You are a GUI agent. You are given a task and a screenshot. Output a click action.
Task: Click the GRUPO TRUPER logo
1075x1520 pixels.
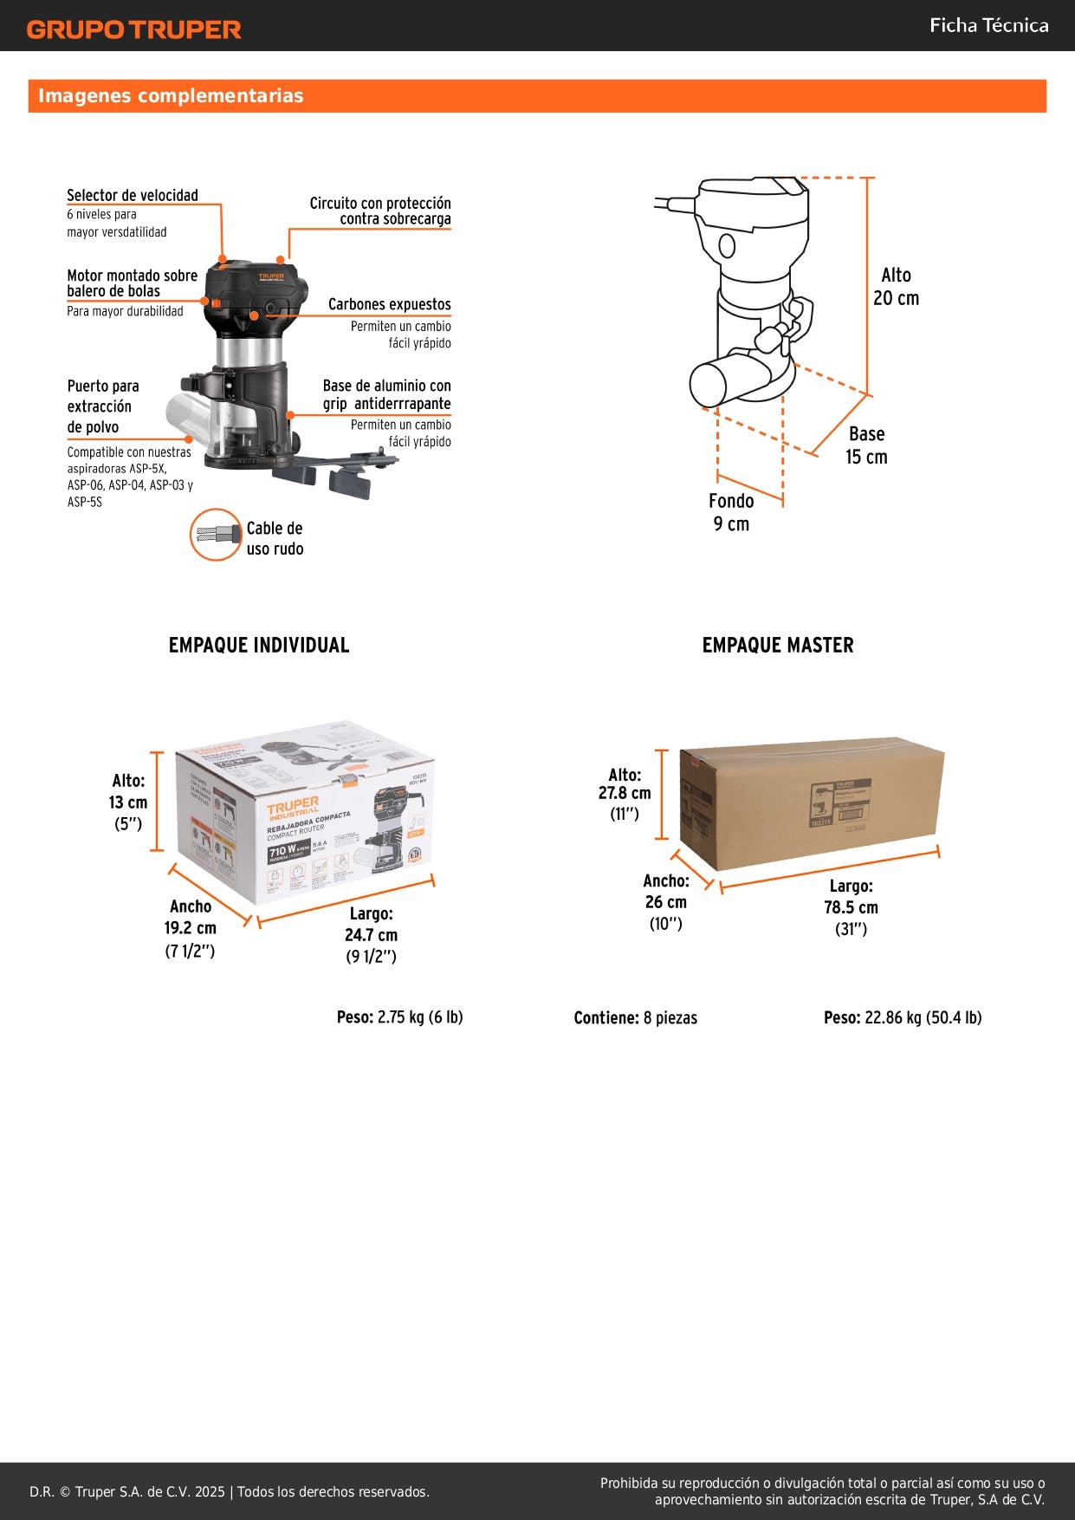pos(133,29)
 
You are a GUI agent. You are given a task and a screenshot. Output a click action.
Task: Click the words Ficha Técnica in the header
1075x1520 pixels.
pos(988,26)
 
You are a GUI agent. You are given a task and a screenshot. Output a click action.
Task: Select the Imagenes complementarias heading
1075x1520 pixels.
pos(171,95)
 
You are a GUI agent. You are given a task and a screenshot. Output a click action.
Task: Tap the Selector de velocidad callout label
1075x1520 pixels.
pos(133,196)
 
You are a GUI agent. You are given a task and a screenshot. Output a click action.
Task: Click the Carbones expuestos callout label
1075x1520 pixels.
pos(389,304)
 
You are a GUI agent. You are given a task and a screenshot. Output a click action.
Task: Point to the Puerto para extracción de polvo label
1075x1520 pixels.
pos(102,406)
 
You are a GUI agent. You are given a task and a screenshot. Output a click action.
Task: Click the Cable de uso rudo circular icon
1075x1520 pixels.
pos(216,535)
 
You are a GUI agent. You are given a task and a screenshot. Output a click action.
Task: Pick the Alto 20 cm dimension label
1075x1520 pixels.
pos(896,287)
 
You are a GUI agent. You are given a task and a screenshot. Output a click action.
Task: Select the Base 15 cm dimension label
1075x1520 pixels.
pos(866,445)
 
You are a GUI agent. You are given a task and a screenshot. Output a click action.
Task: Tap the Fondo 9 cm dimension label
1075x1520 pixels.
pos(731,512)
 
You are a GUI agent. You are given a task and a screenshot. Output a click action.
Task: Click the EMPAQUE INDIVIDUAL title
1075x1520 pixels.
pos(259,646)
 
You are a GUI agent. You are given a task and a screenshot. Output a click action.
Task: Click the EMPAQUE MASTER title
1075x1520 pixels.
pos(778,646)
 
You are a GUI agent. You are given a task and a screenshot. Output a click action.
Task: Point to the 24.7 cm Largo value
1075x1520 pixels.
pos(371,935)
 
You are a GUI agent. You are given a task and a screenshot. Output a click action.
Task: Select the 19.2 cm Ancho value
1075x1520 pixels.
pos(191,928)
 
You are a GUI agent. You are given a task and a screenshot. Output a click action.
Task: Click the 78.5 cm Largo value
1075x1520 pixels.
pos(851,907)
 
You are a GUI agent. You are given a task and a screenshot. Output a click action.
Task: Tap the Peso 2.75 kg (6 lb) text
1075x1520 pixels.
pos(399,1017)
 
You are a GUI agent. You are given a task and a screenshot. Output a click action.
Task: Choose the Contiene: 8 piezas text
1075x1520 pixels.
pos(635,1018)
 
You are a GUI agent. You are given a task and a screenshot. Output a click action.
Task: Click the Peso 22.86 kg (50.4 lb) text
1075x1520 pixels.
pos(903,1017)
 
